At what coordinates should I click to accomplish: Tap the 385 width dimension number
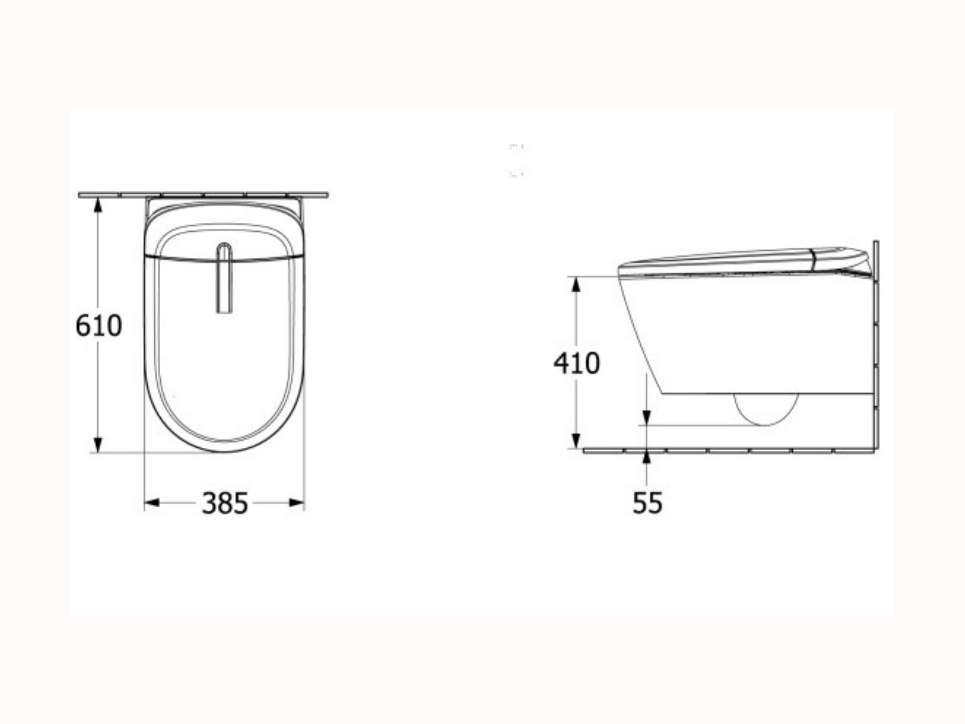(x=225, y=503)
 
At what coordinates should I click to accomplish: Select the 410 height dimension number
(x=577, y=363)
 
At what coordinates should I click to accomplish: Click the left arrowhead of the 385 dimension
(x=152, y=503)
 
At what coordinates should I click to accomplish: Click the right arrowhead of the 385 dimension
(x=297, y=503)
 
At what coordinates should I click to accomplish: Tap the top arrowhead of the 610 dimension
(x=98, y=205)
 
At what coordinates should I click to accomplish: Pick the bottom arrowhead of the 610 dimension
(x=98, y=445)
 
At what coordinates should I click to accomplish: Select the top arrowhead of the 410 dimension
(x=576, y=285)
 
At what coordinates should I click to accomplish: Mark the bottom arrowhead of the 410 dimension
(x=576, y=440)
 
